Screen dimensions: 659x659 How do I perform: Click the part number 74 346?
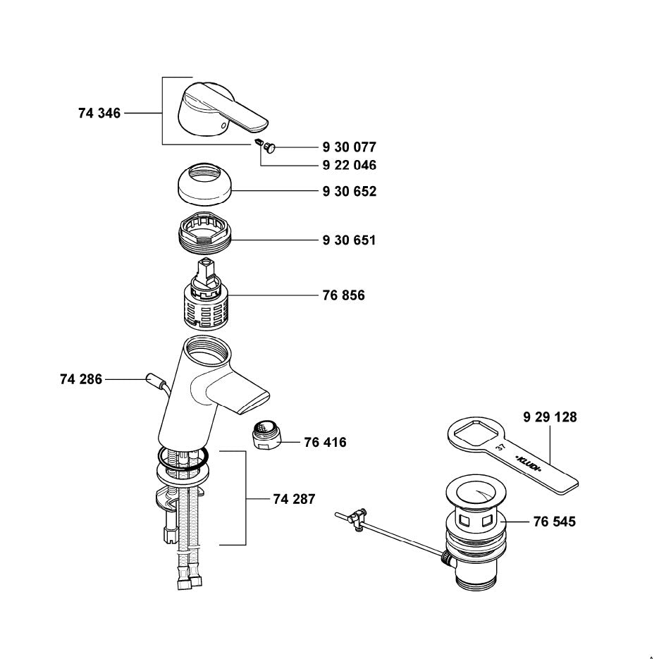click(99, 113)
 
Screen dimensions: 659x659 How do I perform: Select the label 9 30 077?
click(349, 147)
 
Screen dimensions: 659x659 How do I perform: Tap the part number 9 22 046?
click(349, 165)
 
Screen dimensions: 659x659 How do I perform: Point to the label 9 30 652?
click(349, 192)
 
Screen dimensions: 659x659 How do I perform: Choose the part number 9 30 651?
click(349, 240)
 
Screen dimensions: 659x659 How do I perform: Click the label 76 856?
click(343, 296)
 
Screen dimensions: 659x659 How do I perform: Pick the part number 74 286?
click(81, 380)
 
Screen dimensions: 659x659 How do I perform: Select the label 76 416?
click(325, 443)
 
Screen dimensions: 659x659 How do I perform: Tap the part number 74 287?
click(294, 499)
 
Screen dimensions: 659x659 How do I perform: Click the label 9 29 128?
click(550, 417)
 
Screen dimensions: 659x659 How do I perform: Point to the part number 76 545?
click(554, 522)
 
